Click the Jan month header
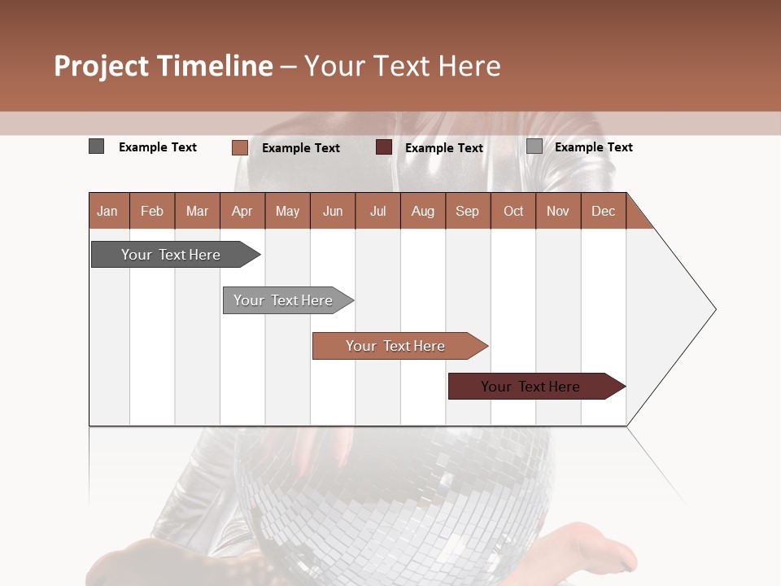108,211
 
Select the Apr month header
242,211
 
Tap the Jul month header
377,211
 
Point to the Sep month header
467,211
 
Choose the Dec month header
603,211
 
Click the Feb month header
152,211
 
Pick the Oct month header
513,211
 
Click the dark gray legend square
97,146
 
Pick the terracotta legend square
239,147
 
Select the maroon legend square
384,147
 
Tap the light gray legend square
534,146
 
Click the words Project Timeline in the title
163,66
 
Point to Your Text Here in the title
403,66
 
